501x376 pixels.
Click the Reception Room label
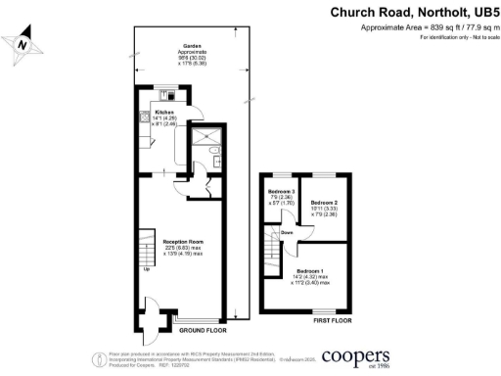click(x=178, y=245)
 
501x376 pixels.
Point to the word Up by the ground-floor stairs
click(x=148, y=268)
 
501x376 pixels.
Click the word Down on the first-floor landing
click(x=288, y=232)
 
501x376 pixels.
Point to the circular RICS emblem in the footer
click(x=99, y=357)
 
